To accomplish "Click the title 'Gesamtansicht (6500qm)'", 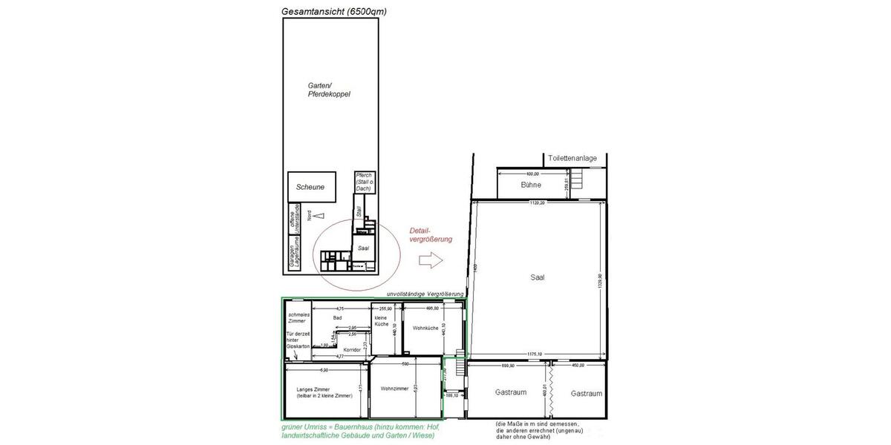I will (x=334, y=11).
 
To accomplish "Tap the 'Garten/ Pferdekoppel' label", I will (x=329, y=90).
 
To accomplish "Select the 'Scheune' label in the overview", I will (x=310, y=187).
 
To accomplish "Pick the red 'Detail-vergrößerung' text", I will (x=426, y=234).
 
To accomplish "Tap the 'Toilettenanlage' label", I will (x=572, y=159).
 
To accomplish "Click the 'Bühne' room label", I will (x=531, y=185).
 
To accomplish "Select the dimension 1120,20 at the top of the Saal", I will (x=537, y=202).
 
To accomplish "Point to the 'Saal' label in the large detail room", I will (x=538, y=277).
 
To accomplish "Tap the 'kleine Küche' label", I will (x=381, y=321).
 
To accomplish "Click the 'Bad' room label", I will (x=337, y=317).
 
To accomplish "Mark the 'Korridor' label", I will (x=352, y=349).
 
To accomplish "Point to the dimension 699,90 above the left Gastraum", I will (x=508, y=365).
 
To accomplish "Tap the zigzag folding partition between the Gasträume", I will (x=550, y=393).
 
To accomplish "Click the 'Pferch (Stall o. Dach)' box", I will (x=363, y=182).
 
